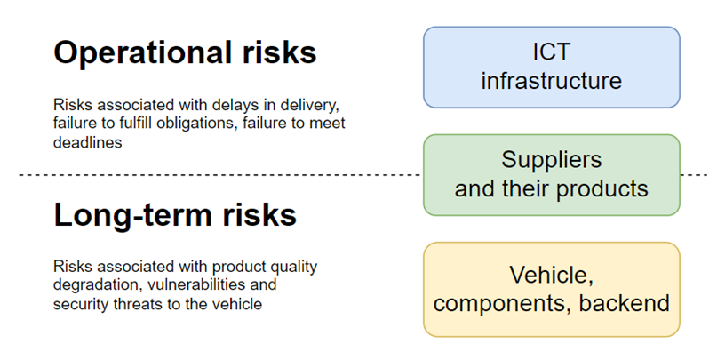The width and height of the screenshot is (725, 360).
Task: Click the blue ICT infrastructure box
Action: point(551,67)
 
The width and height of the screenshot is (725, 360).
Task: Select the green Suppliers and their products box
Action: point(551,175)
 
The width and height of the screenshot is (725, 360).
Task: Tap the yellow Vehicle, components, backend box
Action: point(551,289)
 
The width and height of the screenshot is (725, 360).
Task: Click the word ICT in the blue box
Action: point(551,52)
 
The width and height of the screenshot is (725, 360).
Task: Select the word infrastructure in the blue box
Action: point(551,81)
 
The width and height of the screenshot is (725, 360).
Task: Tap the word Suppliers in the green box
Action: point(551,161)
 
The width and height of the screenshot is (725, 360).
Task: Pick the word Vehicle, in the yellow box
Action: point(551,276)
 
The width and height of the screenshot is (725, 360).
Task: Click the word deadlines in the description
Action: point(87,142)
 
